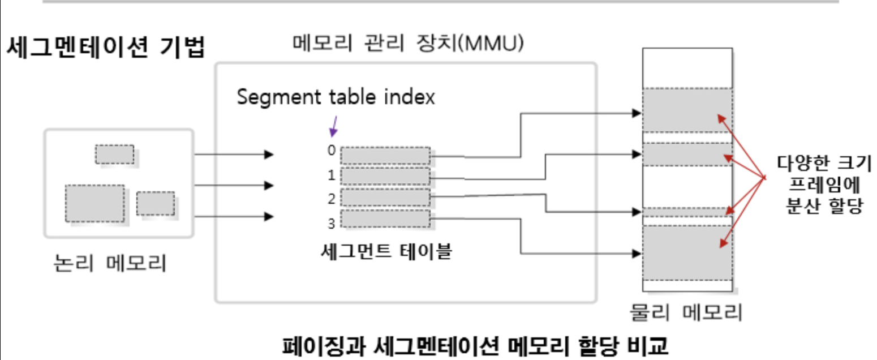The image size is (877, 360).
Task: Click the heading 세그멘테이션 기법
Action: (x=105, y=48)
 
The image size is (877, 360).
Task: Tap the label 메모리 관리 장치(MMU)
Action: (x=407, y=43)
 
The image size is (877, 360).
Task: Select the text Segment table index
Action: (x=336, y=97)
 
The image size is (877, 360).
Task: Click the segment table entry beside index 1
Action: (x=385, y=177)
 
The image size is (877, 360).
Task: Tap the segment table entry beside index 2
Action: (x=385, y=198)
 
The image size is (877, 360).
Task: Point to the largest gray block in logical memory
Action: (x=94, y=203)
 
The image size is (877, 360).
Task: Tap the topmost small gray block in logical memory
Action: (x=114, y=155)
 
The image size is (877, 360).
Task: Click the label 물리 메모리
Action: (x=686, y=312)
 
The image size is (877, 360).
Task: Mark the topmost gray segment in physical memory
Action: (x=687, y=110)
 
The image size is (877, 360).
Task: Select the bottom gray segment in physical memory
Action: (x=687, y=252)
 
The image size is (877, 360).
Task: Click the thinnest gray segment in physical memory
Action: (x=687, y=212)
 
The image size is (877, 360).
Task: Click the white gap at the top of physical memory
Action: (x=687, y=67)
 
